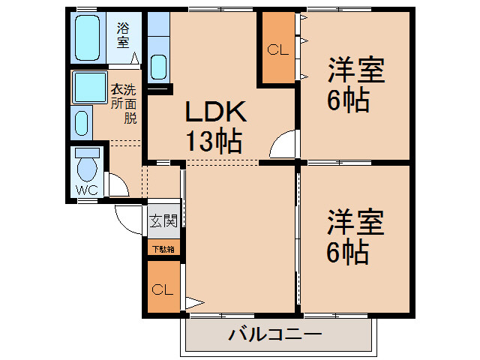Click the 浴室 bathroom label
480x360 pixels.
(124, 35)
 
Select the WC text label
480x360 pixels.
(87, 190)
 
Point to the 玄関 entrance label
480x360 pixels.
(163, 221)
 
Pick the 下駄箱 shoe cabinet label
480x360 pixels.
(163, 249)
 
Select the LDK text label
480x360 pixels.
(216, 112)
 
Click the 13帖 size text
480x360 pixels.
(214, 140)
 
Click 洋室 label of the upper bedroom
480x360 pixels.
(355, 71)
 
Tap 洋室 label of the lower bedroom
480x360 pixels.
(355, 223)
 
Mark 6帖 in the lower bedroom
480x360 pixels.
(348, 253)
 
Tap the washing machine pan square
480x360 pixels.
(90, 88)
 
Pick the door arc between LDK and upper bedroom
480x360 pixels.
(283, 145)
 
